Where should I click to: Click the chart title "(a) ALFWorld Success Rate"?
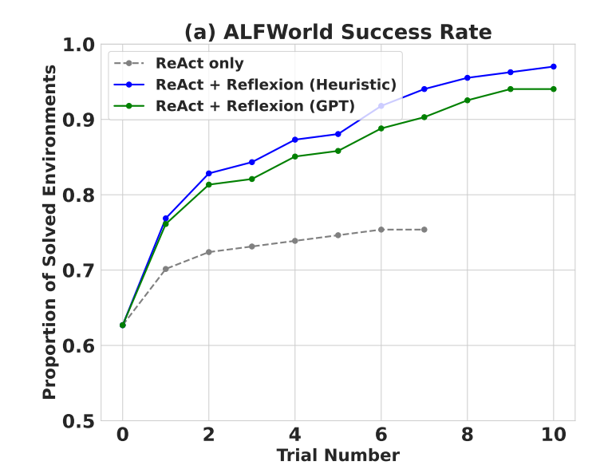[x=337, y=32]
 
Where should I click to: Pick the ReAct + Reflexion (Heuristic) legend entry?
[x=276, y=85]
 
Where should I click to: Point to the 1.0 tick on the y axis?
[x=77, y=45]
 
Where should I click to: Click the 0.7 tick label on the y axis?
[x=77, y=270]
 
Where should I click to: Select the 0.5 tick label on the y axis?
[x=77, y=421]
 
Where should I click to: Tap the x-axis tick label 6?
[x=381, y=436]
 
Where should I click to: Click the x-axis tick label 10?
[x=553, y=436]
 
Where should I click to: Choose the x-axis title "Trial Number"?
[x=337, y=456]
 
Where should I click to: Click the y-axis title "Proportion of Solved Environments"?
[x=49, y=231]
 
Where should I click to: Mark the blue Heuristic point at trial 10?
[x=554, y=66]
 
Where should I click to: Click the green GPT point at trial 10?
[x=554, y=89]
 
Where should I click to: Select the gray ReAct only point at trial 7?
[x=424, y=230]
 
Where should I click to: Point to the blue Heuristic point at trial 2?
[x=209, y=173]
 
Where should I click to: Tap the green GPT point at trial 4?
[x=295, y=156]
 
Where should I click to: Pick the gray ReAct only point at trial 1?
[x=166, y=269]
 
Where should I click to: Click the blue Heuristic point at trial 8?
[x=468, y=77]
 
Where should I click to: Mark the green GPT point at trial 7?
[x=424, y=117]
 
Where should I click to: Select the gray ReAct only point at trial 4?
[x=295, y=241]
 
